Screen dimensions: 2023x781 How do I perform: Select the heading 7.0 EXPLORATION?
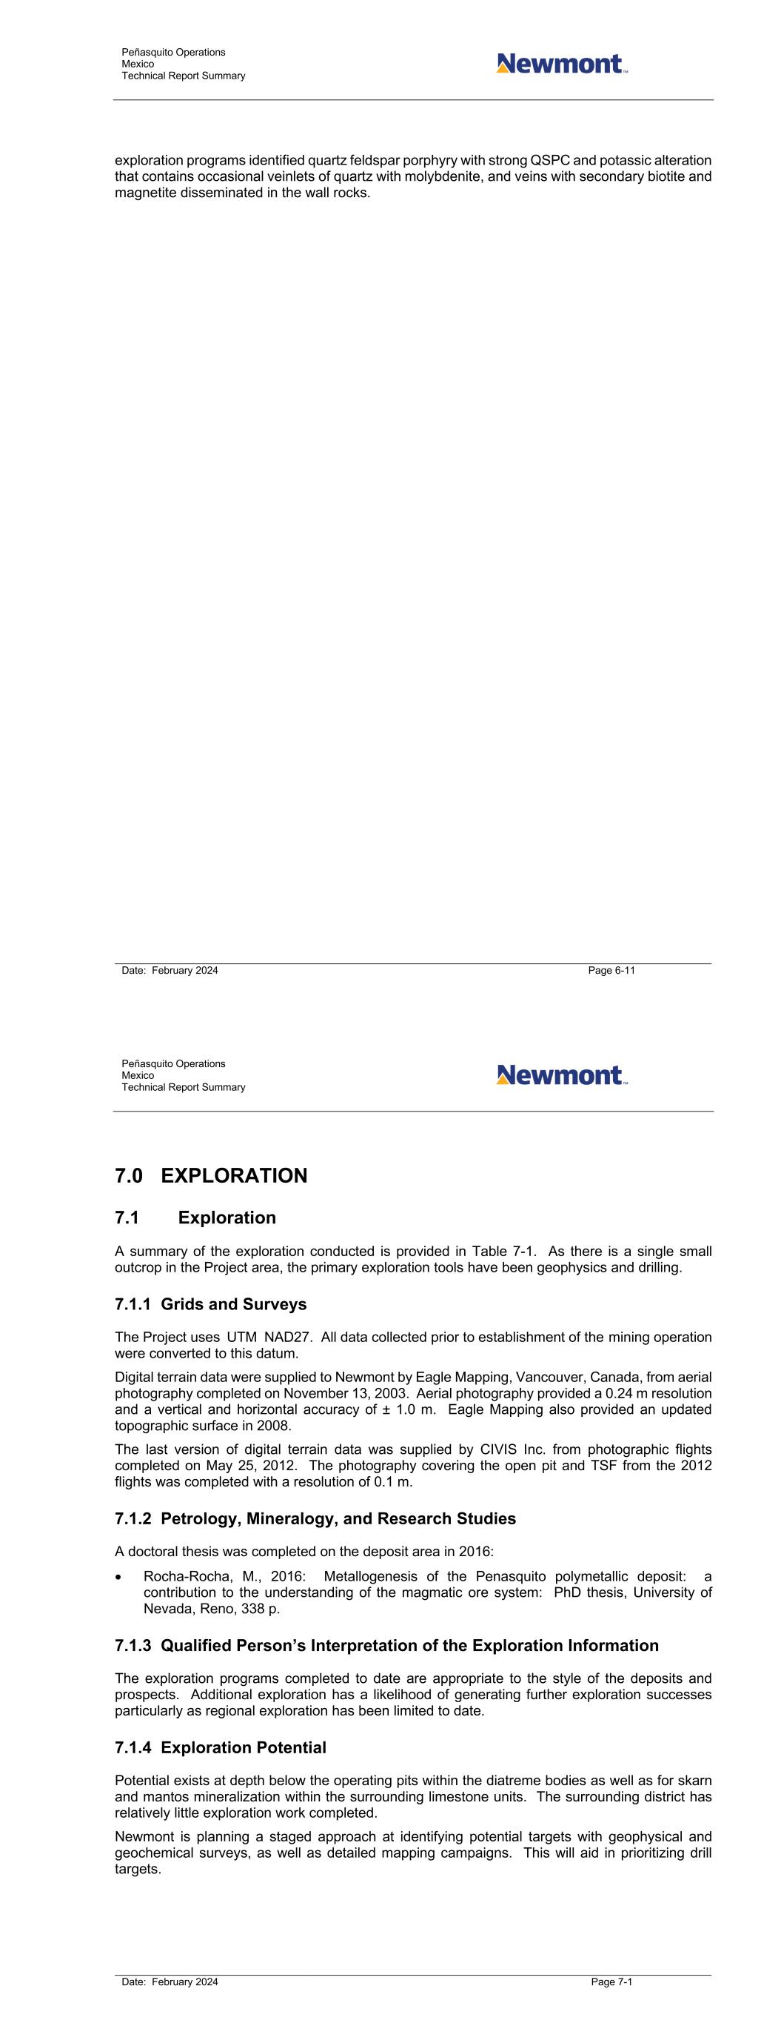click(210, 1175)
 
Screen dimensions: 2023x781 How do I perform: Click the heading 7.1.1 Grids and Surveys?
click(210, 1304)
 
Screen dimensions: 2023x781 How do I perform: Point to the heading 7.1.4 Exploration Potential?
click(220, 1747)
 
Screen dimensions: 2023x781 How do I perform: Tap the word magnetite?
click(144, 193)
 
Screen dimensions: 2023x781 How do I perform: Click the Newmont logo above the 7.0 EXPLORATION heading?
click(562, 1074)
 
